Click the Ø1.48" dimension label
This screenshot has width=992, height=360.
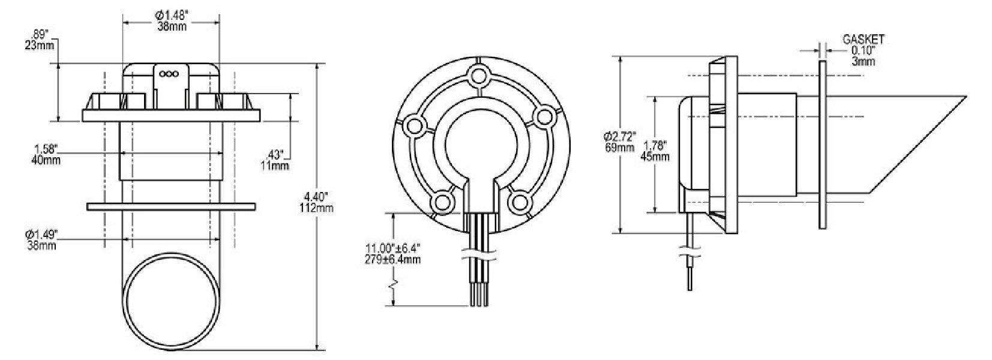[x=172, y=15]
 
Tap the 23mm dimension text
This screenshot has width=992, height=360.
[x=40, y=45]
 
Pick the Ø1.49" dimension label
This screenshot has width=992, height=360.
[x=41, y=234]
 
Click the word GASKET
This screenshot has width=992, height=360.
[x=863, y=40]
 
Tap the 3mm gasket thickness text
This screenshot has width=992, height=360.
[x=863, y=61]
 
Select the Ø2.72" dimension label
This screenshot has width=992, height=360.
[x=619, y=136]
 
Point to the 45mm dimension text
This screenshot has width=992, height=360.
[x=655, y=157]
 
